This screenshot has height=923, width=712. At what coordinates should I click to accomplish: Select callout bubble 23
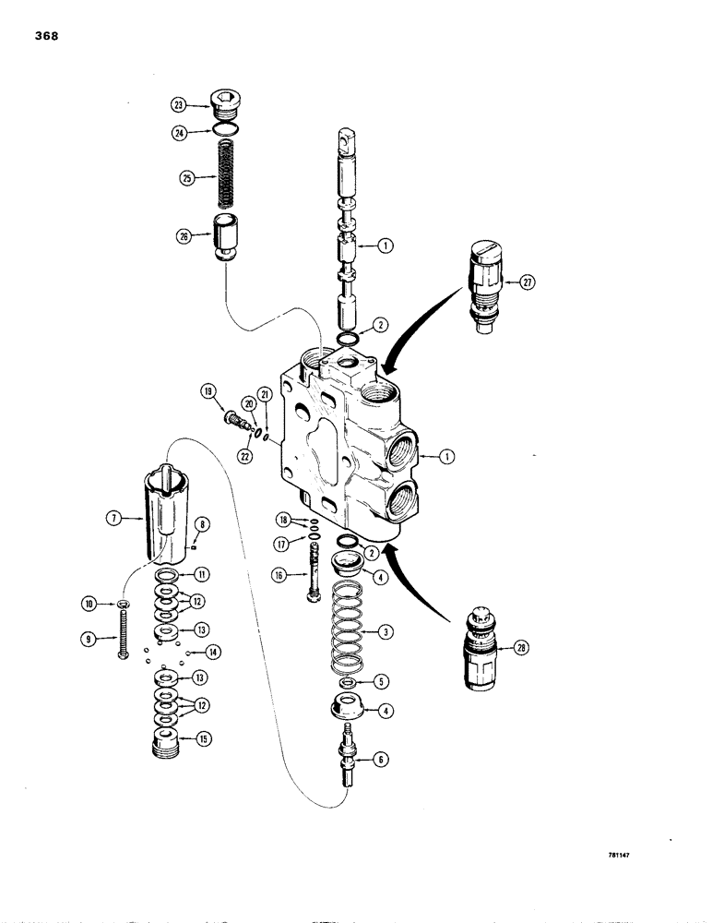tap(179, 105)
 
